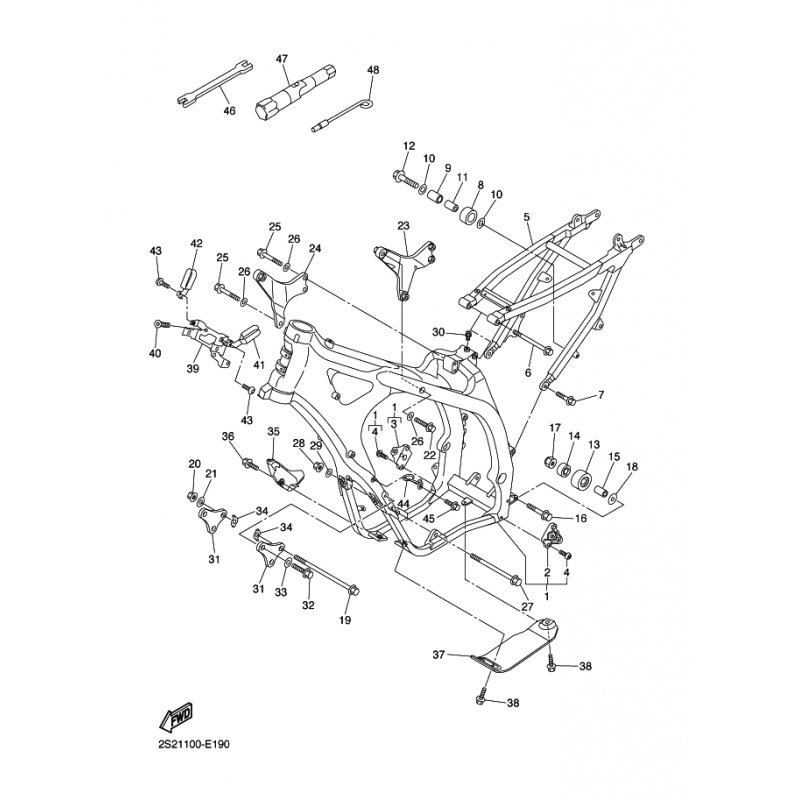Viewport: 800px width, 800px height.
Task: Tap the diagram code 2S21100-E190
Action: (190, 744)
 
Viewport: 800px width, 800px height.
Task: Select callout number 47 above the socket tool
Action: (282, 59)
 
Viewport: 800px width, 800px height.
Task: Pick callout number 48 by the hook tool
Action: (373, 70)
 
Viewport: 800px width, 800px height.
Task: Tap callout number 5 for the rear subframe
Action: (527, 217)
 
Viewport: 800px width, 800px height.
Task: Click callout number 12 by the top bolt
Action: (409, 146)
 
